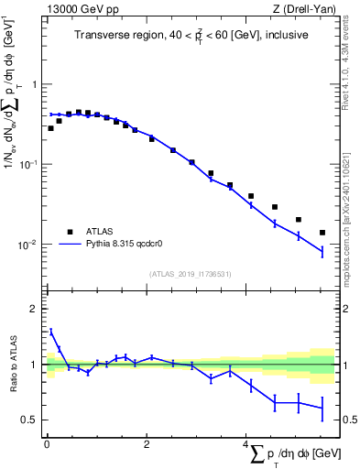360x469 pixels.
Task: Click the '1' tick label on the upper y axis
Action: [35, 84]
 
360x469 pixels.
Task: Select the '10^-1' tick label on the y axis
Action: [29, 164]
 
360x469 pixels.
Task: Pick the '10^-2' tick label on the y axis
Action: [29, 245]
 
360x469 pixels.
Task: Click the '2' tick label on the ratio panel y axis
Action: [35, 309]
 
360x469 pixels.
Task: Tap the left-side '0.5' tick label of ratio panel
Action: [30, 420]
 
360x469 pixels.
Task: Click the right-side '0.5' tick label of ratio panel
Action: [349, 420]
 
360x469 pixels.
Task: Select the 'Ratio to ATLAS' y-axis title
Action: [12, 364]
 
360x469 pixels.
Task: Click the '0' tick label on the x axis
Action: [47, 444]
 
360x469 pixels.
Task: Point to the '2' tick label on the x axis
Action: [146, 444]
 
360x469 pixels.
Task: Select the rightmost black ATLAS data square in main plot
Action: [322, 233]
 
